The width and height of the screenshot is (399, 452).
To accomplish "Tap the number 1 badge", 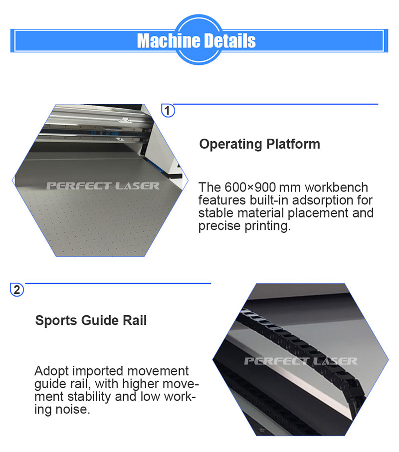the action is [168, 110].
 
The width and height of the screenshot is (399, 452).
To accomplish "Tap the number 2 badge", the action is [17, 290].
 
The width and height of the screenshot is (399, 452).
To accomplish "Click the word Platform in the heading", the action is [293, 144].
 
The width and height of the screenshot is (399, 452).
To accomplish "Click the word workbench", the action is [337, 188].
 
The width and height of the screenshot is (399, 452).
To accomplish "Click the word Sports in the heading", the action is [56, 321].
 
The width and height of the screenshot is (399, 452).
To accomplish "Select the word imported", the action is [98, 371].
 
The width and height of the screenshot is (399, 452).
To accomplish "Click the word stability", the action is [89, 397].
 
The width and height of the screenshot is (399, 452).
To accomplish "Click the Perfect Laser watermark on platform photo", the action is [103, 186].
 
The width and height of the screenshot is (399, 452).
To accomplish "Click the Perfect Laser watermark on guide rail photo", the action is [301, 361].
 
